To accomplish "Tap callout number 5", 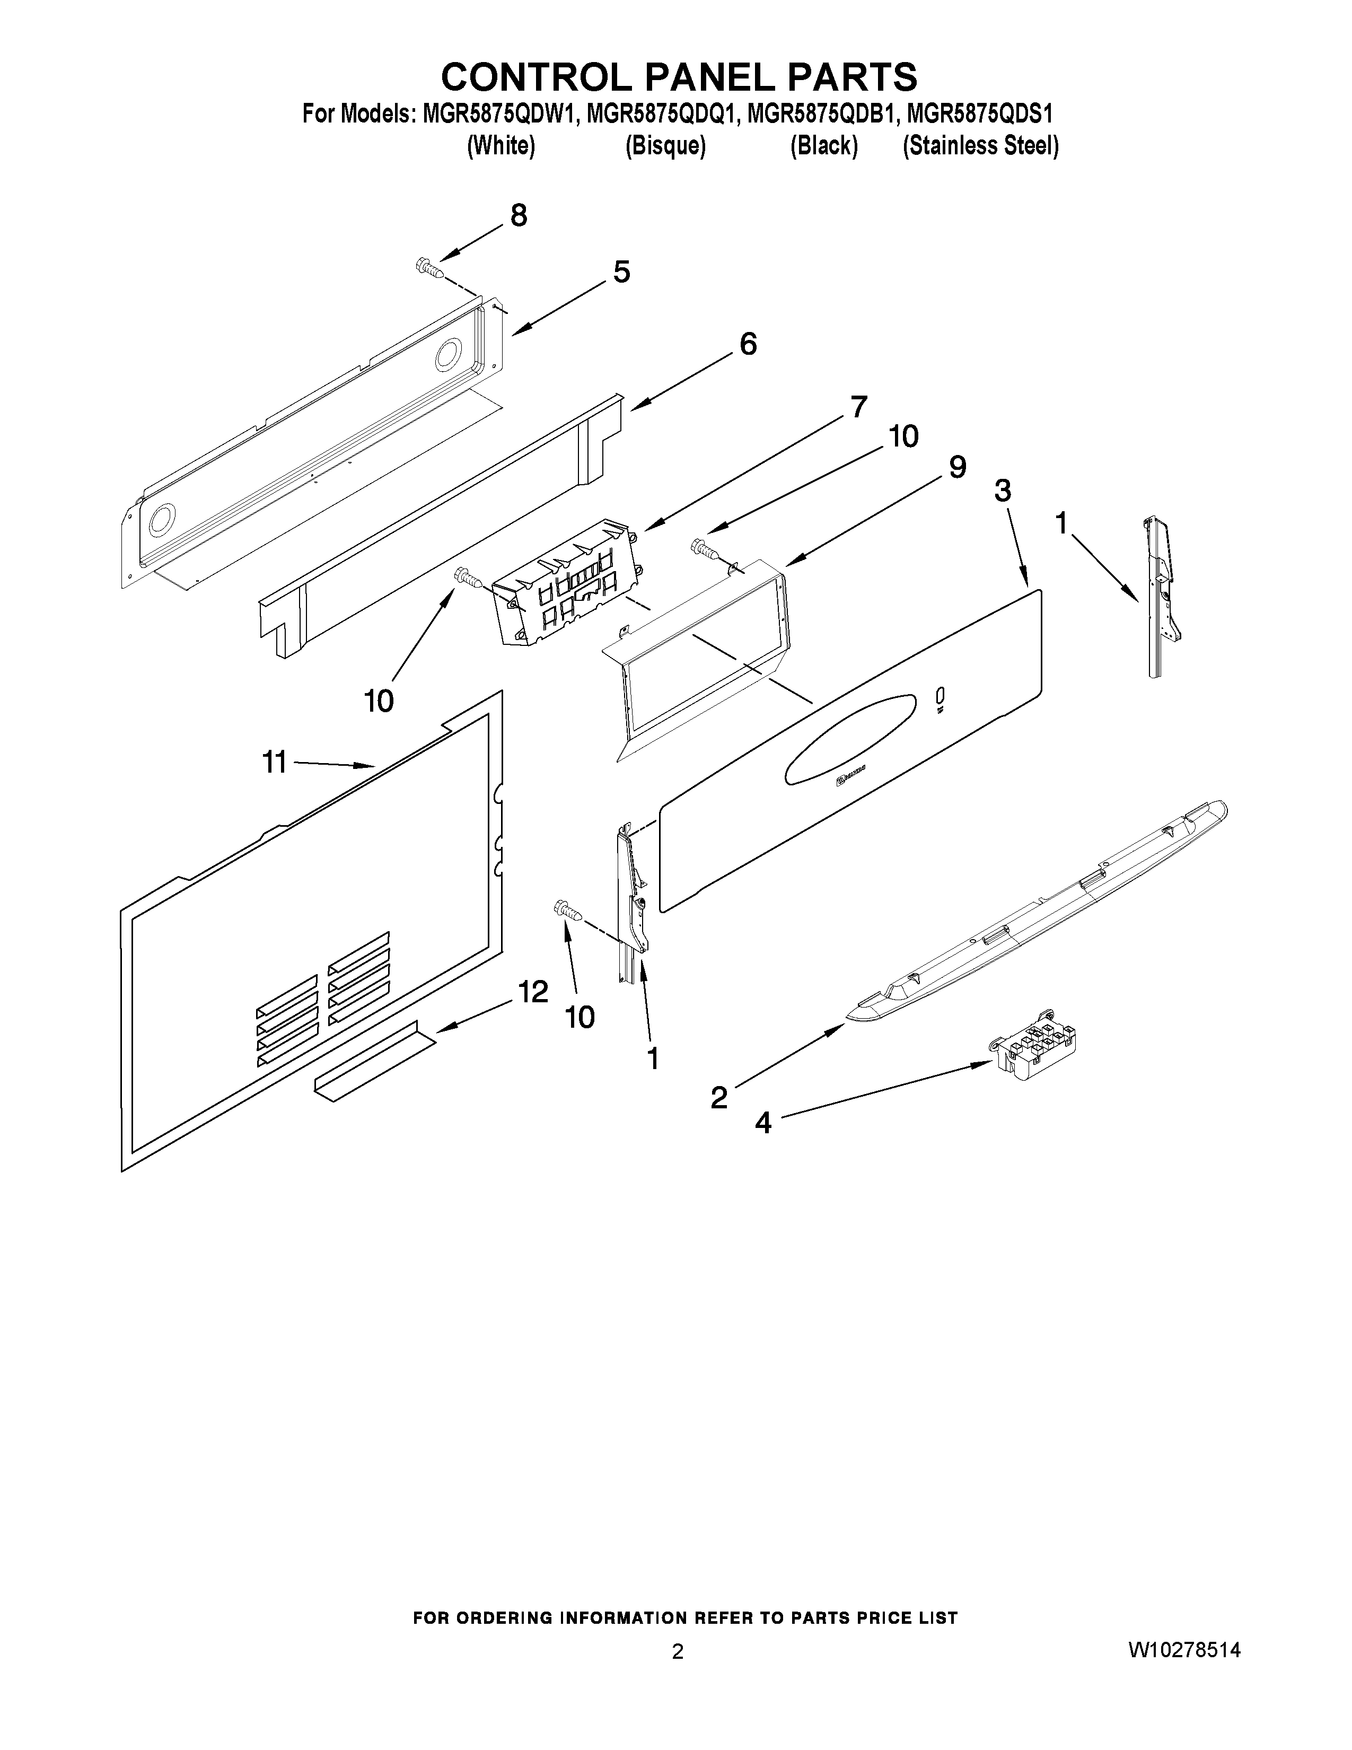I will click(x=621, y=273).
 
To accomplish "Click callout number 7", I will click(x=858, y=407).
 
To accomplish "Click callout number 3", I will click(x=1002, y=491).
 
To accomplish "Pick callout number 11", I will click(x=274, y=762).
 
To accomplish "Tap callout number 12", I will click(x=533, y=992).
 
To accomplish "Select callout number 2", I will click(x=719, y=1097).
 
